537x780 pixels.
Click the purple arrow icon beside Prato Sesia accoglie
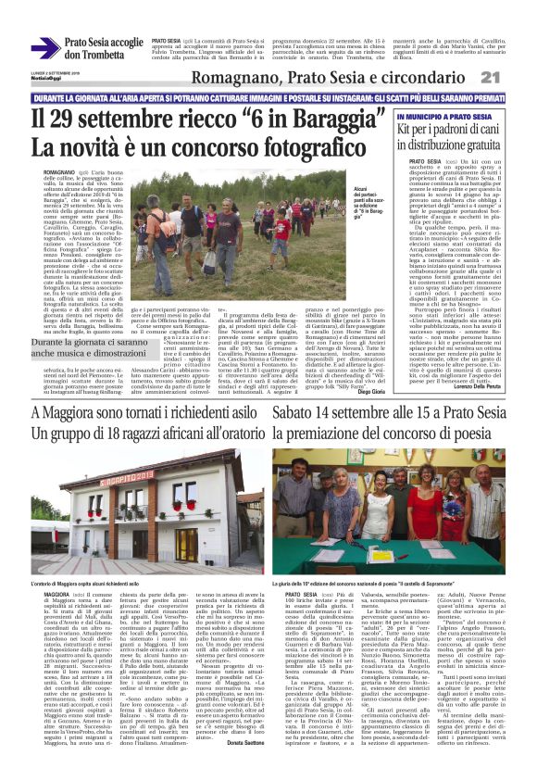coord(44,48)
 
